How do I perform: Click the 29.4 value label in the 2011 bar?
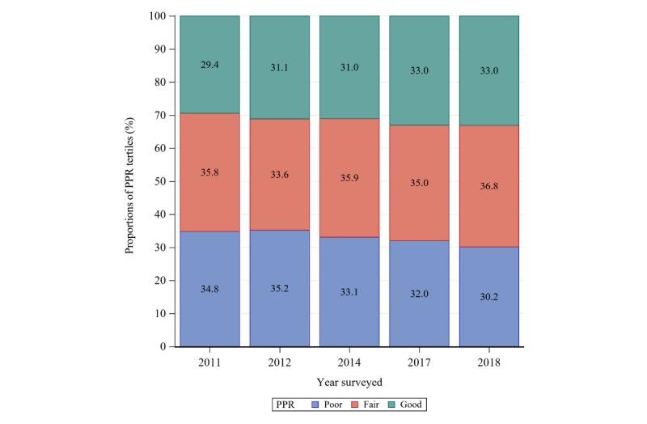(209, 64)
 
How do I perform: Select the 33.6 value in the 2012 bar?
(280, 181)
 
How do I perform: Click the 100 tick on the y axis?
(158, 16)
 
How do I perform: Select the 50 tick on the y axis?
(160, 181)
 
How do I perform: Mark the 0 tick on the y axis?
(163, 346)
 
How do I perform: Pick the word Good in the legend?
(409, 403)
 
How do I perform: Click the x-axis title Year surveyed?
(349, 380)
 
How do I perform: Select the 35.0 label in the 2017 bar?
(419, 181)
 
